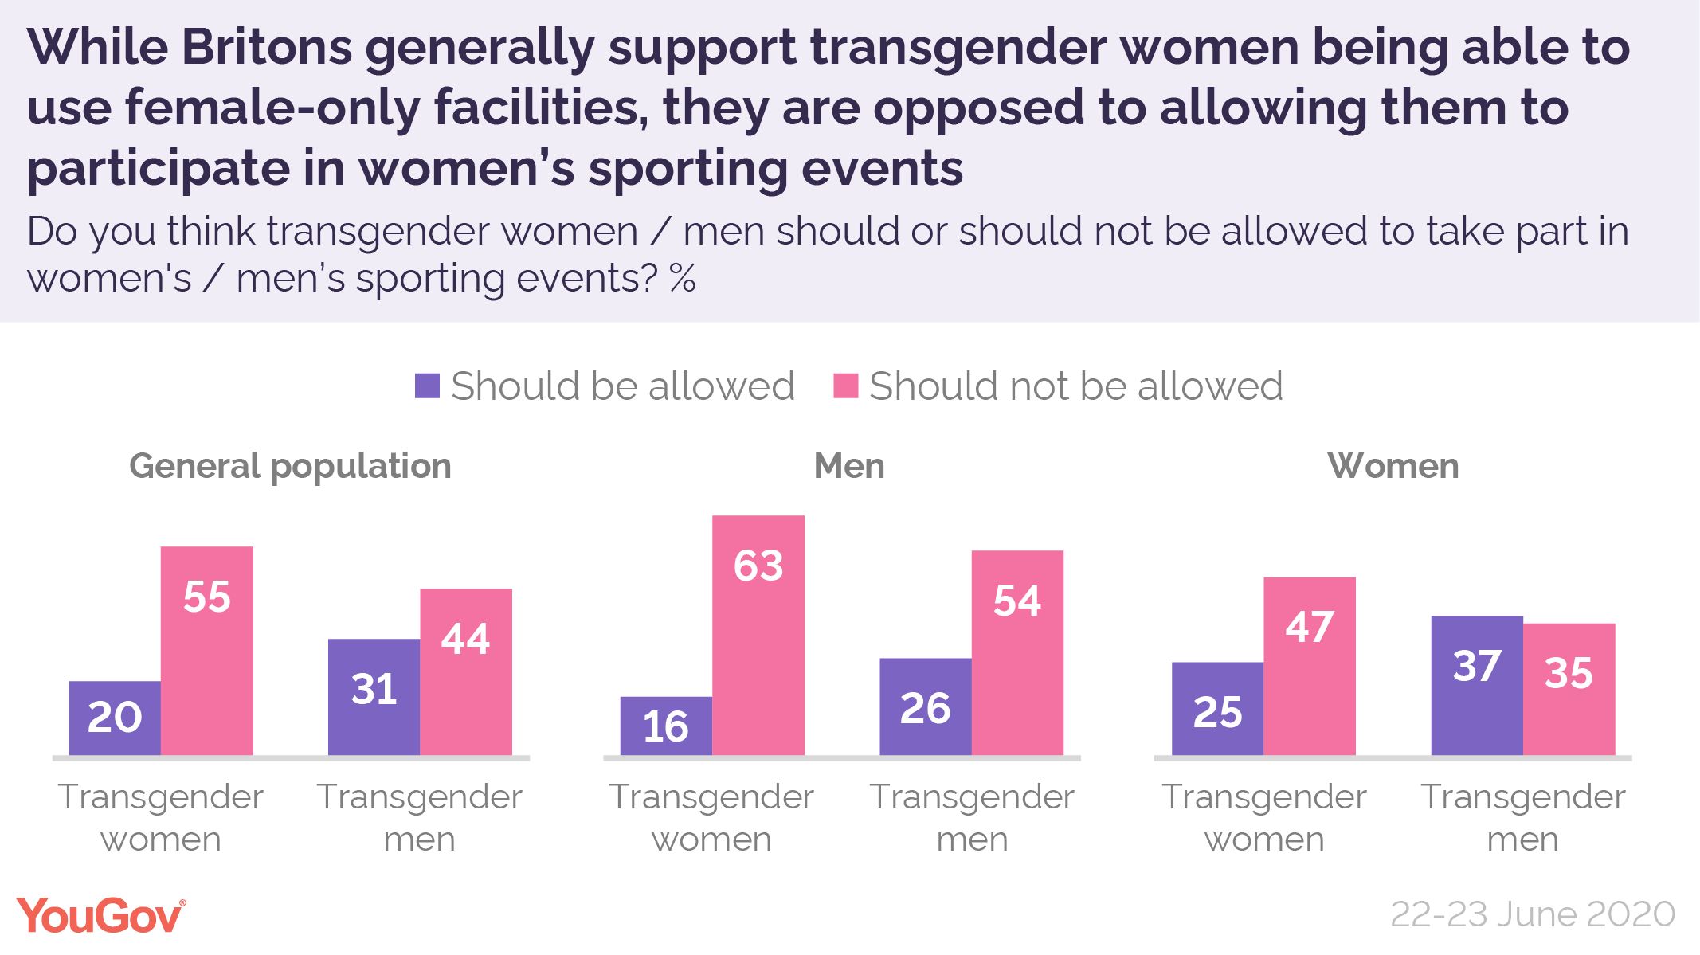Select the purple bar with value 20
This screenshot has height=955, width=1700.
click(115, 717)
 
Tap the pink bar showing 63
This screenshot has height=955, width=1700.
click(758, 634)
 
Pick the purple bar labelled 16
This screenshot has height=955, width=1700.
click(666, 726)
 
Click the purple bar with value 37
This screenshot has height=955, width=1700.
click(1476, 684)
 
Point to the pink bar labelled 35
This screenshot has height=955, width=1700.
click(1569, 688)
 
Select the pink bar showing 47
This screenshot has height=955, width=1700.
click(1309, 665)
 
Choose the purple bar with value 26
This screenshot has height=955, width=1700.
click(925, 706)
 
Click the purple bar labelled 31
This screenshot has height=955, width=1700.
click(374, 696)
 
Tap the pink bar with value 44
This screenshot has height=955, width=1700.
click(465, 671)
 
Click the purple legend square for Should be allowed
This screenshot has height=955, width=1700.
click(427, 386)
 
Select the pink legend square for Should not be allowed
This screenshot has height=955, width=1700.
click(845, 386)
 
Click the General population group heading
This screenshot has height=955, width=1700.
click(290, 466)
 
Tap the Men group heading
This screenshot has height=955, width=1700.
click(849, 466)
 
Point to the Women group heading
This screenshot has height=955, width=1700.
click(1393, 466)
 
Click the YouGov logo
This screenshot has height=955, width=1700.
click(101, 916)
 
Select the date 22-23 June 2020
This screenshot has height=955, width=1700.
click(1532, 914)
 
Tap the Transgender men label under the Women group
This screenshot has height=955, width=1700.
click(1522, 817)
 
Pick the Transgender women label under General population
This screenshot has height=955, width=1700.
click(160, 817)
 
